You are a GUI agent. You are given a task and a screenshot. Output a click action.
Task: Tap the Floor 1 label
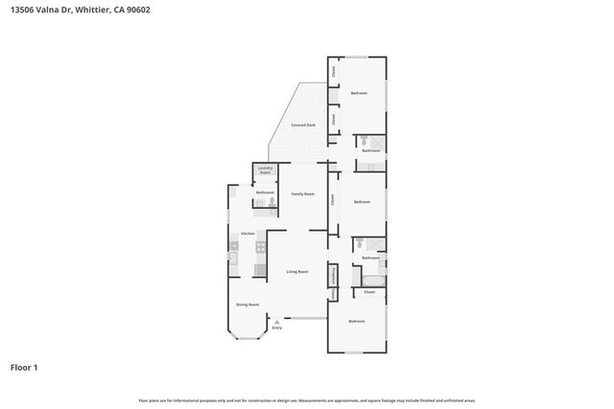tap(25, 367)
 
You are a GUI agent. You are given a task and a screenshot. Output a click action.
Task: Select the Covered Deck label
tap(304, 126)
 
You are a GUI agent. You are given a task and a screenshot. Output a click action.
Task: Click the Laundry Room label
tap(266, 170)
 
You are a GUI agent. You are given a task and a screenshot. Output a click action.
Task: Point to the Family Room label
tap(303, 193)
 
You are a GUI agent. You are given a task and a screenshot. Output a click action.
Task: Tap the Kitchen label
tap(248, 234)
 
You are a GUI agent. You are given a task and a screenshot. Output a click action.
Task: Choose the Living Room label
tap(297, 272)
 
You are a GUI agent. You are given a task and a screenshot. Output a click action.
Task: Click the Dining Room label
tap(248, 305)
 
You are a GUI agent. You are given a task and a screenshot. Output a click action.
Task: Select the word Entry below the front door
tap(276, 329)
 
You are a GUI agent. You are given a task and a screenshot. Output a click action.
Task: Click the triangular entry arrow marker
tap(276, 322)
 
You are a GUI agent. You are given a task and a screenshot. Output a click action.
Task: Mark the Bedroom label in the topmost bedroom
tap(359, 93)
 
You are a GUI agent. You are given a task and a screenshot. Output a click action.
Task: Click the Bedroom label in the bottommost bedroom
tap(357, 320)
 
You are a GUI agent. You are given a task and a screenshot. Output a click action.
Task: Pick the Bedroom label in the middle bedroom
tap(362, 202)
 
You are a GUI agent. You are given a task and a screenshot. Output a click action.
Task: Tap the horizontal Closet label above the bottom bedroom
tap(368, 291)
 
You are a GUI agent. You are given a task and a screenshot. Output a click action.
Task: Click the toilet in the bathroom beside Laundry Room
tap(272, 201)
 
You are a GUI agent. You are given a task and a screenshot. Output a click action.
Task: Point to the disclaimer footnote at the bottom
tap(307, 399)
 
